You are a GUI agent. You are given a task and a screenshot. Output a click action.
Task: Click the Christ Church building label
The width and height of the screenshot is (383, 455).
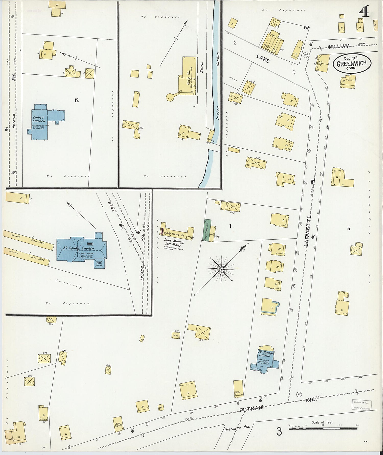[x=39, y=119]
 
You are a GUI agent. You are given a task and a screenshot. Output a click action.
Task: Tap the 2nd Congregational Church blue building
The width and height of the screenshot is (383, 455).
[x=79, y=249]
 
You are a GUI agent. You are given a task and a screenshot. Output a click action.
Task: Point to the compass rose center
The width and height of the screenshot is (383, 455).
[x=221, y=269]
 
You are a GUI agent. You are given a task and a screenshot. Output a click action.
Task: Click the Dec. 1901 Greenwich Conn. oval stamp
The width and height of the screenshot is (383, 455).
[x=352, y=63]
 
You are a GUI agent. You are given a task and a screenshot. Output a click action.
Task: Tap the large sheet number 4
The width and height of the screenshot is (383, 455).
[x=364, y=12]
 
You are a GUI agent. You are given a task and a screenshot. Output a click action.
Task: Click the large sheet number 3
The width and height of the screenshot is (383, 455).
[x=279, y=431]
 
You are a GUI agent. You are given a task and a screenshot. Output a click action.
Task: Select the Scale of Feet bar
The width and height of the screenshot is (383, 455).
[x=323, y=428]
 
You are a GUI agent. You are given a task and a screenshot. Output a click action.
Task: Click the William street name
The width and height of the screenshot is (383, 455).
[x=339, y=47]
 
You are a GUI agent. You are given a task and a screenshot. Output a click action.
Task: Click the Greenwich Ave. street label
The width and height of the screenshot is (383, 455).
[x=237, y=428]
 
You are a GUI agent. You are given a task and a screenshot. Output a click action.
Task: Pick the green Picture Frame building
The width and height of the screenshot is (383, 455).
[x=207, y=230]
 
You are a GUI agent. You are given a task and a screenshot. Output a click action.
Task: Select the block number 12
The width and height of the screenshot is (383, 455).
[x=77, y=100]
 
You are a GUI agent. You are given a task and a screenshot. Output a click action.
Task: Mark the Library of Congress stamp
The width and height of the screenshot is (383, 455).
[x=362, y=405]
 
